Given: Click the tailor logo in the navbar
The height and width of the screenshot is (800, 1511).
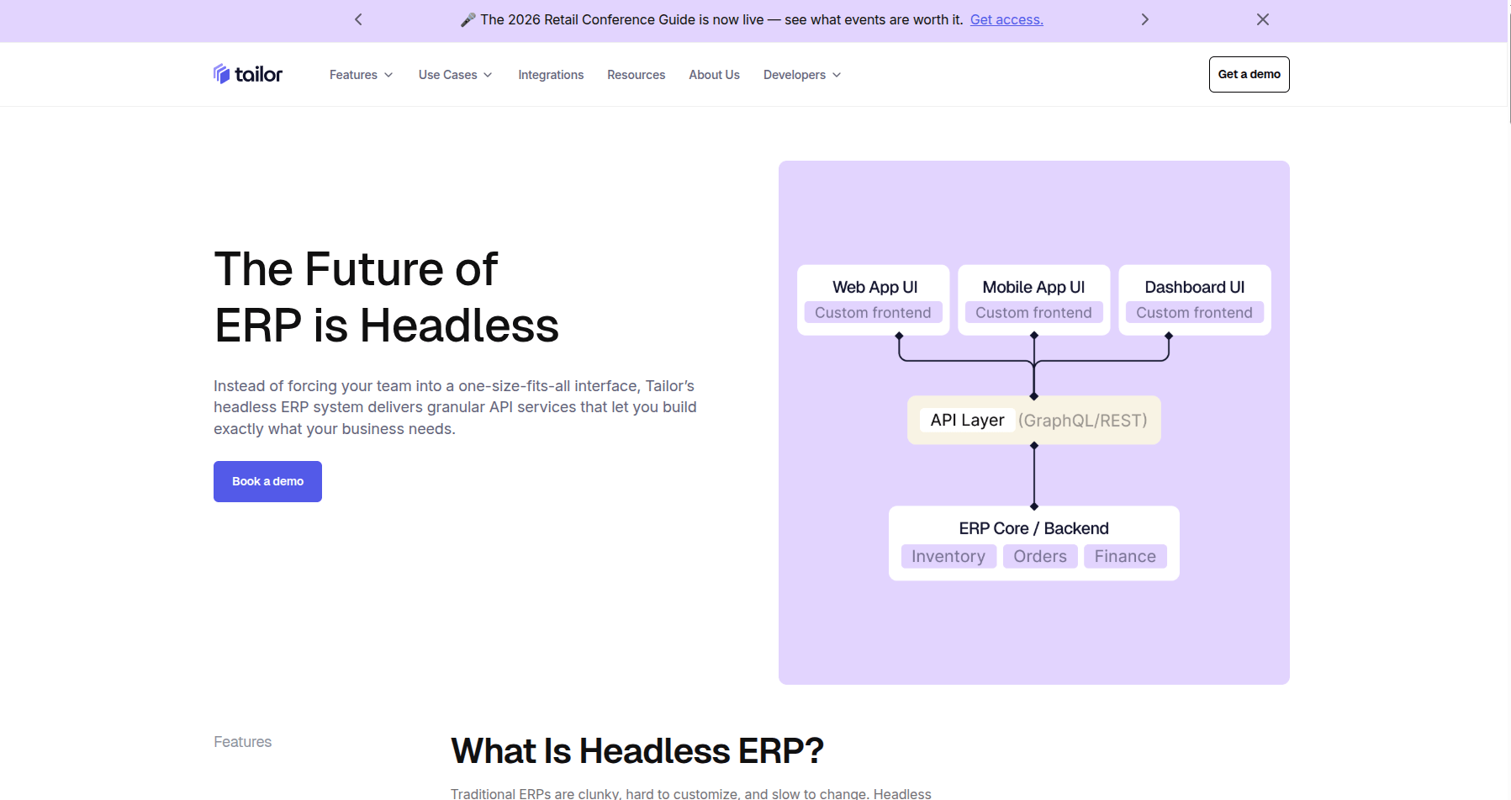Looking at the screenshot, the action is [248, 74].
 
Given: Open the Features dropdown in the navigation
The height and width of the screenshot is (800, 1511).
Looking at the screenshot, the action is [362, 75].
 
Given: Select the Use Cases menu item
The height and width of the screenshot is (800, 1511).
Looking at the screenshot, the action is [456, 75].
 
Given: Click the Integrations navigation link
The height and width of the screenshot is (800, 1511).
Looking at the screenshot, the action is [551, 75].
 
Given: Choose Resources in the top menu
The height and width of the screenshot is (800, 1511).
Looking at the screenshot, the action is [637, 75].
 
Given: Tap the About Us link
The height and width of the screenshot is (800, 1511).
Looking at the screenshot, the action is [715, 75].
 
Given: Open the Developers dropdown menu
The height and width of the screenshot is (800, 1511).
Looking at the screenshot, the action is [802, 75].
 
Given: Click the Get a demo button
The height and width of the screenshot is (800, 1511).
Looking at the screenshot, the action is [1249, 74].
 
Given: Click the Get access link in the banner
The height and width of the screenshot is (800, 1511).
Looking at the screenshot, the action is [1006, 19].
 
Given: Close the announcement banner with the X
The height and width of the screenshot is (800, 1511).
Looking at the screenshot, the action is [1263, 19].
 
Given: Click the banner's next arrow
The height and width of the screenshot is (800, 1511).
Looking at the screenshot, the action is [1144, 19].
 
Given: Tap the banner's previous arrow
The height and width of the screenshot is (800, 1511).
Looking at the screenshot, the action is [358, 19].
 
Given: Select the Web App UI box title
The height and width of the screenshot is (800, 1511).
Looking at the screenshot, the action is [874, 287].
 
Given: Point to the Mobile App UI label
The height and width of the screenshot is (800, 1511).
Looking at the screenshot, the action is [1033, 287].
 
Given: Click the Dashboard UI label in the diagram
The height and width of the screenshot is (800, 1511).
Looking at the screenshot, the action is [1195, 287].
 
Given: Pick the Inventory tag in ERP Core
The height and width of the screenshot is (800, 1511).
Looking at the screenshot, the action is [948, 556].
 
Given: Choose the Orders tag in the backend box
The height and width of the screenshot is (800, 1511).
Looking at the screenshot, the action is [1040, 556].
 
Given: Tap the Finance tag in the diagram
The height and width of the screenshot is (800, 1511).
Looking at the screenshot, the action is [1125, 556].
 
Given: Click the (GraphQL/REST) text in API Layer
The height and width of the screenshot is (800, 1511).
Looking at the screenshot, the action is [1083, 421].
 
